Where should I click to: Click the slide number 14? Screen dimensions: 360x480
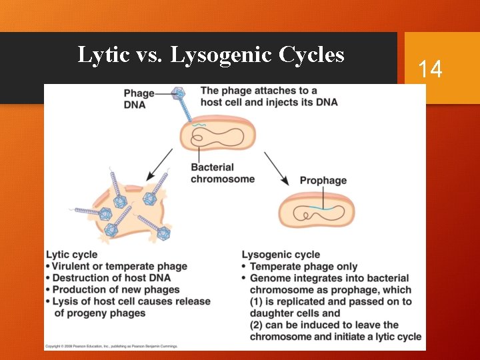pyautogui.click(x=430, y=69)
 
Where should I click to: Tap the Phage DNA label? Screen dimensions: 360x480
pyautogui.click(x=139, y=99)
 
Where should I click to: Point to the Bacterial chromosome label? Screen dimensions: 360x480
pyautogui.click(x=222, y=173)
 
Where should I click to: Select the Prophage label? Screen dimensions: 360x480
pyautogui.click(x=323, y=181)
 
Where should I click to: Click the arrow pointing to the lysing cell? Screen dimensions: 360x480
pyautogui.click(x=161, y=164)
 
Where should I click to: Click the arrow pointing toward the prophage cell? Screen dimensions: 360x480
pyautogui.click(x=276, y=169)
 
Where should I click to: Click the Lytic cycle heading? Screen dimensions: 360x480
pyautogui.click(x=71, y=254)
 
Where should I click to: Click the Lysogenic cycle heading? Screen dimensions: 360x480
pyautogui.click(x=281, y=254)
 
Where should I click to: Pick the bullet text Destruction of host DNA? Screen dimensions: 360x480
pyautogui.click(x=111, y=278)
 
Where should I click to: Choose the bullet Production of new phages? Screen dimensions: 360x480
pyautogui.click(x=116, y=289)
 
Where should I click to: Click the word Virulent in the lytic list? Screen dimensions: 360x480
pyautogui.click(x=73, y=266)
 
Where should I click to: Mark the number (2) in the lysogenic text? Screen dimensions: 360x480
pyautogui.click(x=257, y=325)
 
